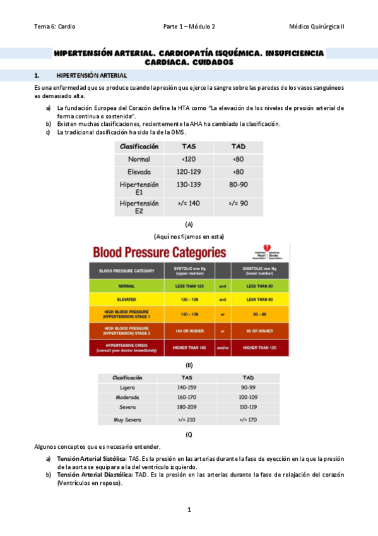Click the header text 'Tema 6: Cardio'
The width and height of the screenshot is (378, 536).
pyautogui.click(x=54, y=27)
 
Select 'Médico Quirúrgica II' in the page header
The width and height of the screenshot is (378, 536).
pyautogui.click(x=316, y=27)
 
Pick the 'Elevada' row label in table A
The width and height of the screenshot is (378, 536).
pyautogui.click(x=139, y=171)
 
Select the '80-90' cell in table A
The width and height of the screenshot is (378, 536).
pyautogui.click(x=238, y=188)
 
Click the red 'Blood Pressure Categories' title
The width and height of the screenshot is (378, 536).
pyautogui.click(x=160, y=253)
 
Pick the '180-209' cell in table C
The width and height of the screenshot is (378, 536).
pyautogui.click(x=187, y=407)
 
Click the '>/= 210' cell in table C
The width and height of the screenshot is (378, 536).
pyautogui.click(x=187, y=420)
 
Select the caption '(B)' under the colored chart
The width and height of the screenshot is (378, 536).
pyautogui.click(x=189, y=365)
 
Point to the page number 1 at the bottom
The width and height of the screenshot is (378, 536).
pyautogui.click(x=189, y=509)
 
